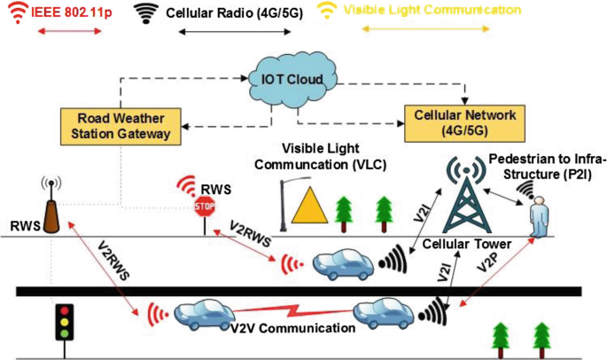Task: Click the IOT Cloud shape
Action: (x=293, y=79)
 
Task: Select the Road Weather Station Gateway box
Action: (x=123, y=127)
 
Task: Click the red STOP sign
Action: (x=205, y=207)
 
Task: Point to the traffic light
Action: (x=64, y=323)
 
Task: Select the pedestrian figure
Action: (x=538, y=215)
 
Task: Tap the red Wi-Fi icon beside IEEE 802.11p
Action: (x=15, y=12)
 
